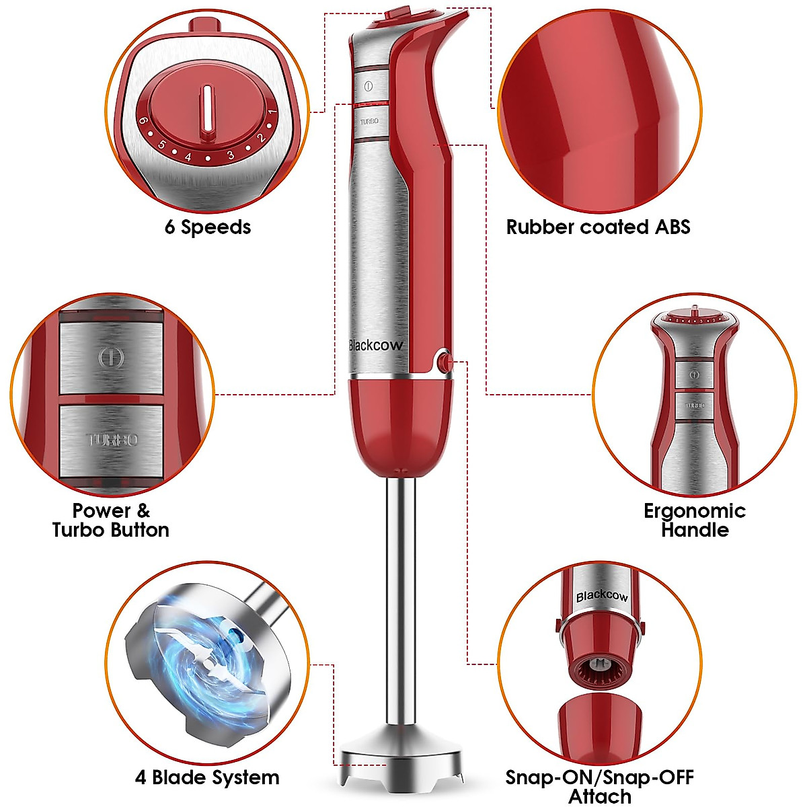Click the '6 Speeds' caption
click(x=207, y=227)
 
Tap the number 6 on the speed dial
click(x=143, y=122)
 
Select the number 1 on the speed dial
click(x=272, y=112)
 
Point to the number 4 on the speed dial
click(x=188, y=157)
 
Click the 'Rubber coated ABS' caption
click(x=598, y=227)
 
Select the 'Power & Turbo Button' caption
click(x=111, y=520)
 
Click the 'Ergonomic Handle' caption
click(x=695, y=520)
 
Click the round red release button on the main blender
click(x=443, y=363)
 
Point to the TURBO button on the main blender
click(x=369, y=122)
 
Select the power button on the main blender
click(x=369, y=86)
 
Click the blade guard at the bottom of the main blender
click(x=401, y=760)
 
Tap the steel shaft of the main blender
click(x=401, y=605)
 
